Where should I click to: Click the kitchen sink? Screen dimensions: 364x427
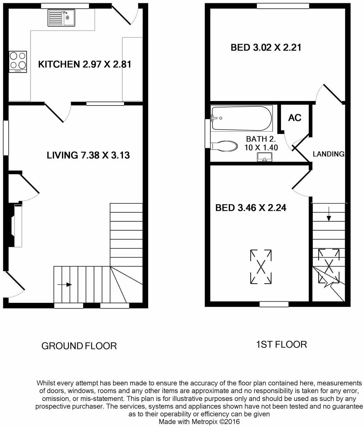pyautogui.click(x=61, y=18)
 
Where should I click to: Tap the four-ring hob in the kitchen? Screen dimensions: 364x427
pyautogui.click(x=18, y=62)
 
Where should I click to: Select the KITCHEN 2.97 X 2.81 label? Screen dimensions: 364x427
pyautogui.click(x=85, y=64)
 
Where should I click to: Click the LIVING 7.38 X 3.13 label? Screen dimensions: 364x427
pyautogui.click(x=88, y=155)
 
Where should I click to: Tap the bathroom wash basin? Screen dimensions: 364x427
pyautogui.click(x=265, y=157)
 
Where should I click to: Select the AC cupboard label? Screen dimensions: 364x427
pyautogui.click(x=295, y=118)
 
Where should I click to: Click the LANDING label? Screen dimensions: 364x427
pyautogui.click(x=329, y=154)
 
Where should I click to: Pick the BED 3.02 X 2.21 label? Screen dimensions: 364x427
pyautogui.click(x=266, y=47)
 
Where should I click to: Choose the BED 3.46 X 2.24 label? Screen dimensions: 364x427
pyautogui.click(x=251, y=208)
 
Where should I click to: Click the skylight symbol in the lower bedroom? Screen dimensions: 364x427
pyautogui.click(x=261, y=267)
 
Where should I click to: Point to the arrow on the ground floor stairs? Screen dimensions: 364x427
pyautogui.click(x=65, y=285)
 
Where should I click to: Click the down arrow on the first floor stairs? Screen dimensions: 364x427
pyautogui.click(x=329, y=213)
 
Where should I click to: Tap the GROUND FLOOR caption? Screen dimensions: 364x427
pyautogui.click(x=79, y=346)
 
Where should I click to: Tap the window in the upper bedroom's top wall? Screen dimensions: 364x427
pyautogui.click(x=283, y=6)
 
